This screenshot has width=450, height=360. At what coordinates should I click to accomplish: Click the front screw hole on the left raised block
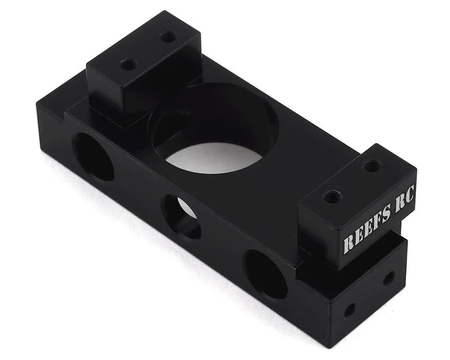(x=128, y=64)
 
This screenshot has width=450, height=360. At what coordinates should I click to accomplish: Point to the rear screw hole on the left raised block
(x=168, y=36)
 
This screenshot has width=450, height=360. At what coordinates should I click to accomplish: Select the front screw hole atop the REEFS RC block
(x=333, y=197)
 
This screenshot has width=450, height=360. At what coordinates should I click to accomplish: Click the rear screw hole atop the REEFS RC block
(x=372, y=166)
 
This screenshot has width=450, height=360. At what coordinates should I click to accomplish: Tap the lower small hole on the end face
(x=350, y=308)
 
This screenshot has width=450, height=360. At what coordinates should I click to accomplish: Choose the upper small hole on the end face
(x=389, y=278)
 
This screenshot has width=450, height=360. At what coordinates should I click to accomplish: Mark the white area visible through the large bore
(x=213, y=156)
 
